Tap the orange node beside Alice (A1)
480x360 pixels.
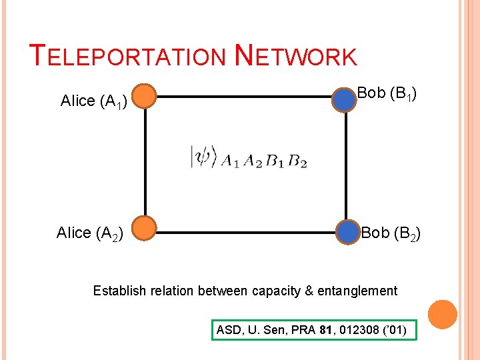click(x=144, y=97)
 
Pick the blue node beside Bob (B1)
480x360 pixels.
click(x=344, y=99)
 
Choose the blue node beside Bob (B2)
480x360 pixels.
click(x=347, y=232)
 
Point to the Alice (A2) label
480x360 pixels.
click(x=89, y=233)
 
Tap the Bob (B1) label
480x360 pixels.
click(x=387, y=93)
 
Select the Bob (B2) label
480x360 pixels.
click(x=391, y=233)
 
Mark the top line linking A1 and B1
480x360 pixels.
click(x=244, y=97)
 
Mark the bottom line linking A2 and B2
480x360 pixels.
click(x=244, y=233)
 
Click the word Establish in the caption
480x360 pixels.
click(x=118, y=291)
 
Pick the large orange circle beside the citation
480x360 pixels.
click(x=443, y=314)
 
